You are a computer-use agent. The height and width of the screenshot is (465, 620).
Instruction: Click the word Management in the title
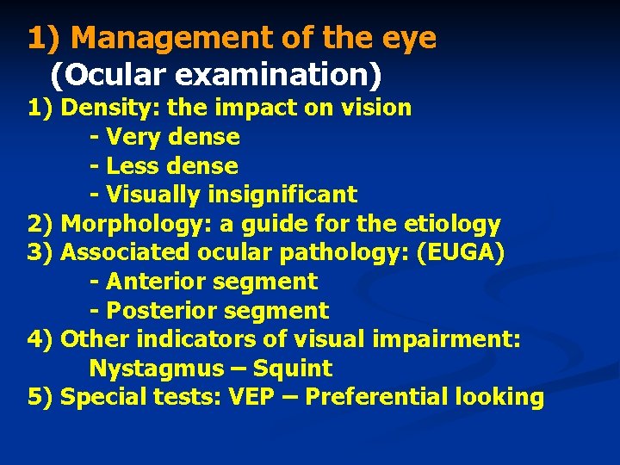[x=170, y=39]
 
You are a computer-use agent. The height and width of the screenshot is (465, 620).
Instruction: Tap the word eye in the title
[x=409, y=39]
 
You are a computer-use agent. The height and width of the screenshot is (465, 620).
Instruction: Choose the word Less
[x=134, y=165]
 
